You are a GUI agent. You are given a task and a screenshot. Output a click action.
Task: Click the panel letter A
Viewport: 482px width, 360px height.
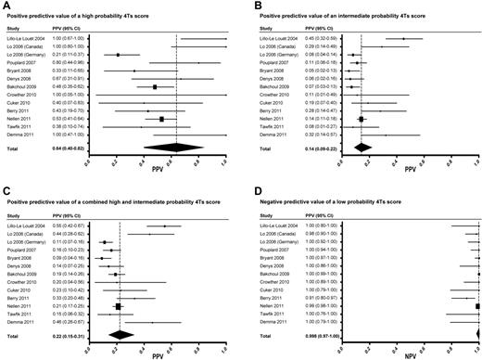(5, 6)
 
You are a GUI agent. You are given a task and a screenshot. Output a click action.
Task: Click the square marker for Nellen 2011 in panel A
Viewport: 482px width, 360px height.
(161, 119)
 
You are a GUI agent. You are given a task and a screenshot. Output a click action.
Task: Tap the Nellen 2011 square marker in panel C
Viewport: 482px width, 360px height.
(118, 305)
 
